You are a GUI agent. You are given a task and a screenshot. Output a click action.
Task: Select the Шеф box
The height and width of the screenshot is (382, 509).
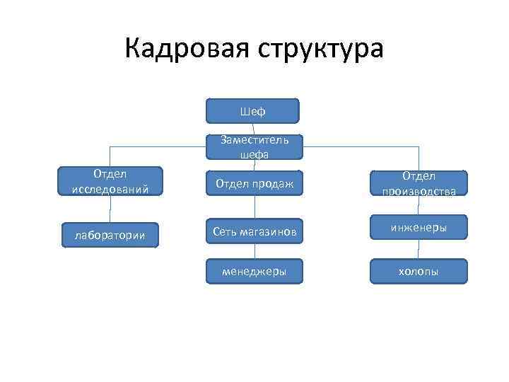click(252, 111)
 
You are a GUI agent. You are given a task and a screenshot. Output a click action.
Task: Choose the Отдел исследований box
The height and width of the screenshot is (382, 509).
click(110, 181)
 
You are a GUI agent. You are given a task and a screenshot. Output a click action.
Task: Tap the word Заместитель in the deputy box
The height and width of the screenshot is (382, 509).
click(254, 140)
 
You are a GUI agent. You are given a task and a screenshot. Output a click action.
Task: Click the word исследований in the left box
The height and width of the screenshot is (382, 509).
click(110, 190)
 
